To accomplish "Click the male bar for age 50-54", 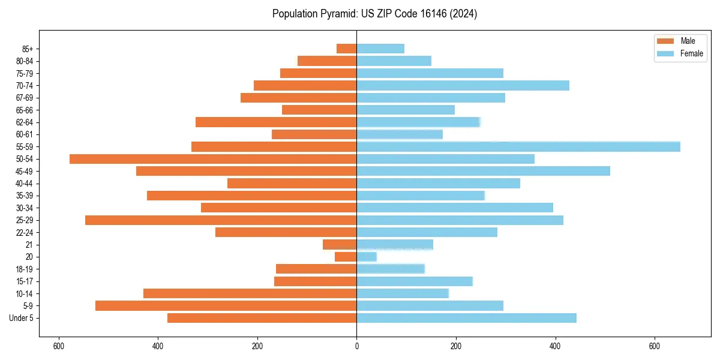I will tap(213, 159).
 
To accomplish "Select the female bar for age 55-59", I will tap(518, 146).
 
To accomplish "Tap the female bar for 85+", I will tap(380, 49).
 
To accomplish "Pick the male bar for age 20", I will tap(346, 257).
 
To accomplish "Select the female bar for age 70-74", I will tap(463, 85).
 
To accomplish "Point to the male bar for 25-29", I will tap(221, 220).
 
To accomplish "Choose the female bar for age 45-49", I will tap(483, 171).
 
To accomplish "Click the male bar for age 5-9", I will tap(226, 305).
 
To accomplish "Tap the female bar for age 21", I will tap(395, 244).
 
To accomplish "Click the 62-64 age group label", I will tap(25, 122).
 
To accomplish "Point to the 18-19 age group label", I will tap(25, 269).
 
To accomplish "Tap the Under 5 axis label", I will tap(22, 318).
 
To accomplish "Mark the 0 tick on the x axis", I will tap(356, 346).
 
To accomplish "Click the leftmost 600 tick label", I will tap(59, 346).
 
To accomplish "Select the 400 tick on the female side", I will tap(555, 346).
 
